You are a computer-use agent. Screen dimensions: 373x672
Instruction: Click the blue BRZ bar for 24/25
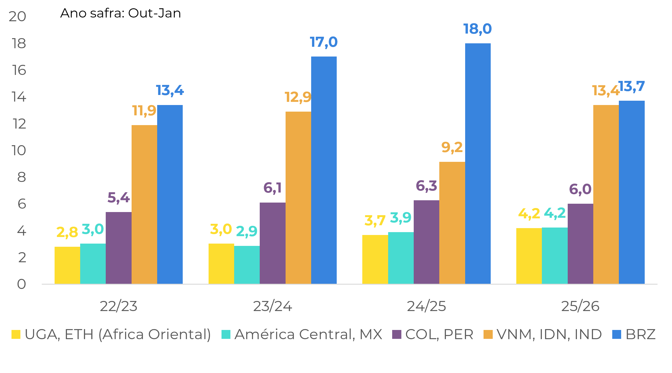(478, 164)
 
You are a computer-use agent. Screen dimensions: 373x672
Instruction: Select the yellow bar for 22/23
(67, 265)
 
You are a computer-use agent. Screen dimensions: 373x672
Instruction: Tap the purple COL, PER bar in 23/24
(272, 243)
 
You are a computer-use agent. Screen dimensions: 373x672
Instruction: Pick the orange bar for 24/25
(452, 223)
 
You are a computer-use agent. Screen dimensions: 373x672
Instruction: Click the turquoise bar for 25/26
(554, 256)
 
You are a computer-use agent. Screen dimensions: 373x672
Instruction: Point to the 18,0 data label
(477, 29)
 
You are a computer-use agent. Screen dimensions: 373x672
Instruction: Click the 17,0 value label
(324, 42)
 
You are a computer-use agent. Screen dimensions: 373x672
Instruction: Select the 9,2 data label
(452, 147)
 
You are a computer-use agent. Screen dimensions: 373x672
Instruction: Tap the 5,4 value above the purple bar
(118, 198)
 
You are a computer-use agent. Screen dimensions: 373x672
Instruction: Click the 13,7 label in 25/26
(631, 86)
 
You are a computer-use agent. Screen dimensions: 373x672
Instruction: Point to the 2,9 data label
(247, 231)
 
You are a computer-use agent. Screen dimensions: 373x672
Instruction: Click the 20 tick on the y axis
(18, 17)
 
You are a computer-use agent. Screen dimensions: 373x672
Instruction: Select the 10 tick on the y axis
(19, 151)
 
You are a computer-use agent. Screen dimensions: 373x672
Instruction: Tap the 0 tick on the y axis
(21, 284)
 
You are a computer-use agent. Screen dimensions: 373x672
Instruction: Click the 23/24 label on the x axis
(272, 306)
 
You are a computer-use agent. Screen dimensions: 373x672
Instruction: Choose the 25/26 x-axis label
(580, 306)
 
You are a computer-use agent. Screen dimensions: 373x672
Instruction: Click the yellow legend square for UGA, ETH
(16, 335)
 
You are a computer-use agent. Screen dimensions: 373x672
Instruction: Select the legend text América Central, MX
(308, 335)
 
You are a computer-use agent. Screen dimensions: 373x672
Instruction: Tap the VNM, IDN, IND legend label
(549, 335)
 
